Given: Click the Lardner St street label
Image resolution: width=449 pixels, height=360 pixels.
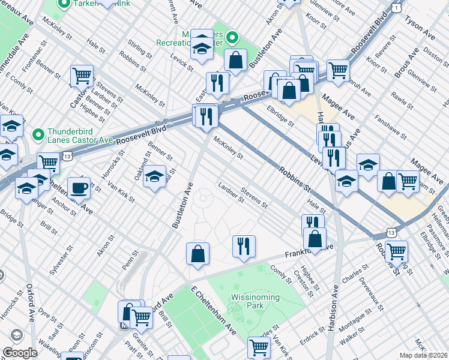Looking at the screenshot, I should tap(231, 193).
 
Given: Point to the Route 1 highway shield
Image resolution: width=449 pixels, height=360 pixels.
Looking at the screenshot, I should tap(397, 6).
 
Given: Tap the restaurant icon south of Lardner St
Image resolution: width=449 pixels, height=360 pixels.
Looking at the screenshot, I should tap(244, 246).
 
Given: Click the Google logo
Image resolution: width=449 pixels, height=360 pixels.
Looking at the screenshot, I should tap(20, 353).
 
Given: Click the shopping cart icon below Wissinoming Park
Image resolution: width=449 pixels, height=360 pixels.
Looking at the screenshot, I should tap(259, 347).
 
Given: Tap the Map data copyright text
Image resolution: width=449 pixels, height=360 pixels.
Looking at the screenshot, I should tap(424, 355).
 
